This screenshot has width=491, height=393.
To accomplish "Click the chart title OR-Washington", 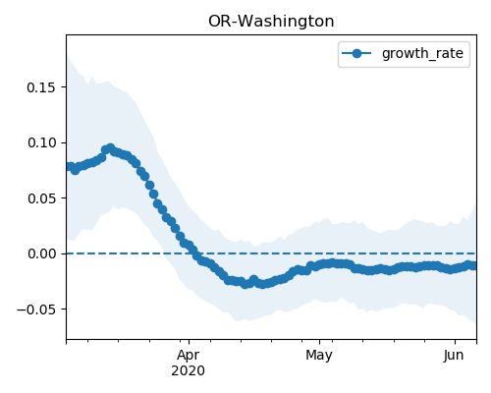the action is click(x=271, y=22).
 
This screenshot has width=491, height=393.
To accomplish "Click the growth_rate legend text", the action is click(x=422, y=54).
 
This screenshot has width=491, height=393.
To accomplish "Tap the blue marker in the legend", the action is click(x=356, y=53).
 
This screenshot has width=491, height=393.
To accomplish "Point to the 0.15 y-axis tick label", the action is click(x=41, y=87).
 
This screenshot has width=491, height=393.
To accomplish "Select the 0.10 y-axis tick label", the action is click(x=41, y=142).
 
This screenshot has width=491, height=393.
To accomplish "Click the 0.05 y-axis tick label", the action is click(x=41, y=198).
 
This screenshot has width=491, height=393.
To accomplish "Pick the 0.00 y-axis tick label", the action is click(x=41, y=253).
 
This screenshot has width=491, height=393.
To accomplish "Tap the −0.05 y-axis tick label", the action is click(x=36, y=309).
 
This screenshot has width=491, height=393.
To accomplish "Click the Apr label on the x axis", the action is click(x=189, y=356).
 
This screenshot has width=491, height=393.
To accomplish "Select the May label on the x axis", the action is click(x=319, y=356).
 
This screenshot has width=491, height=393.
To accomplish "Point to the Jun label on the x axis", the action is click(x=454, y=356).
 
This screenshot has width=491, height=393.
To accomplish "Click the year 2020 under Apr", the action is click(x=189, y=370).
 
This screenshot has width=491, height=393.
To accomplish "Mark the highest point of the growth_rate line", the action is click(x=111, y=148).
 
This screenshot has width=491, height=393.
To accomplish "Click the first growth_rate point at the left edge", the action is click(x=69, y=167).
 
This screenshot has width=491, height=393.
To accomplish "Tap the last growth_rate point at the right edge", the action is click(x=474, y=266).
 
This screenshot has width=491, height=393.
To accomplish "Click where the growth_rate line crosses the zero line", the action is click(x=195, y=253).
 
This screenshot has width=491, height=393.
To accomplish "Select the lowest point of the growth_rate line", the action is click(x=262, y=284).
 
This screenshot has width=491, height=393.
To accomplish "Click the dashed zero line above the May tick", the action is click(x=319, y=253).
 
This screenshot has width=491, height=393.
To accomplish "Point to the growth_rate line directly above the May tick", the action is click(x=319, y=265).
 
